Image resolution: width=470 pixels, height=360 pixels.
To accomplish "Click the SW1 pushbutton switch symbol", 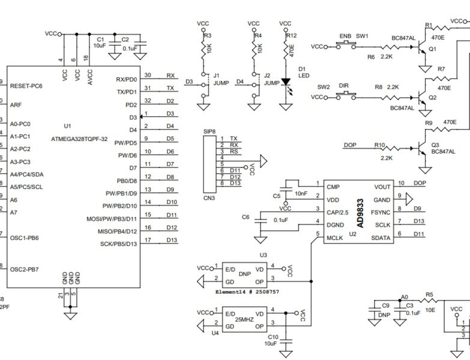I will (x=345, y=45).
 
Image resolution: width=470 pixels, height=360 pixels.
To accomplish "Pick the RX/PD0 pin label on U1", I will (x=126, y=79).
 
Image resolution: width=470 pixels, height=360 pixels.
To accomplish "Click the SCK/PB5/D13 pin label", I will (x=118, y=244).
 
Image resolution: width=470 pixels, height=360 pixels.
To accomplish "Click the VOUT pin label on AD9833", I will (x=382, y=187).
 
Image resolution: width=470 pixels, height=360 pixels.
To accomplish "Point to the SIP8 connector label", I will (x=209, y=131).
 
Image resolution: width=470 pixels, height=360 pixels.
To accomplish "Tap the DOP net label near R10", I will (x=350, y=145).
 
